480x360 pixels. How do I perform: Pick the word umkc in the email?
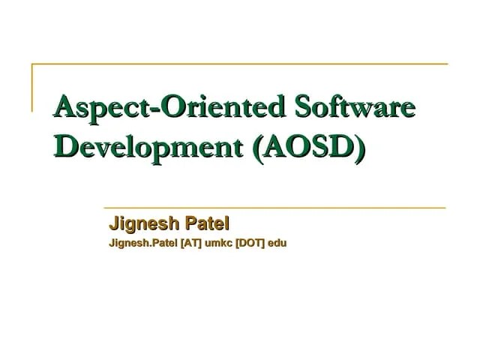[x=219, y=243]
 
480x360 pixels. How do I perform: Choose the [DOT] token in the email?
[x=251, y=243]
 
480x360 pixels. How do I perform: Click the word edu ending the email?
[x=279, y=243]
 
